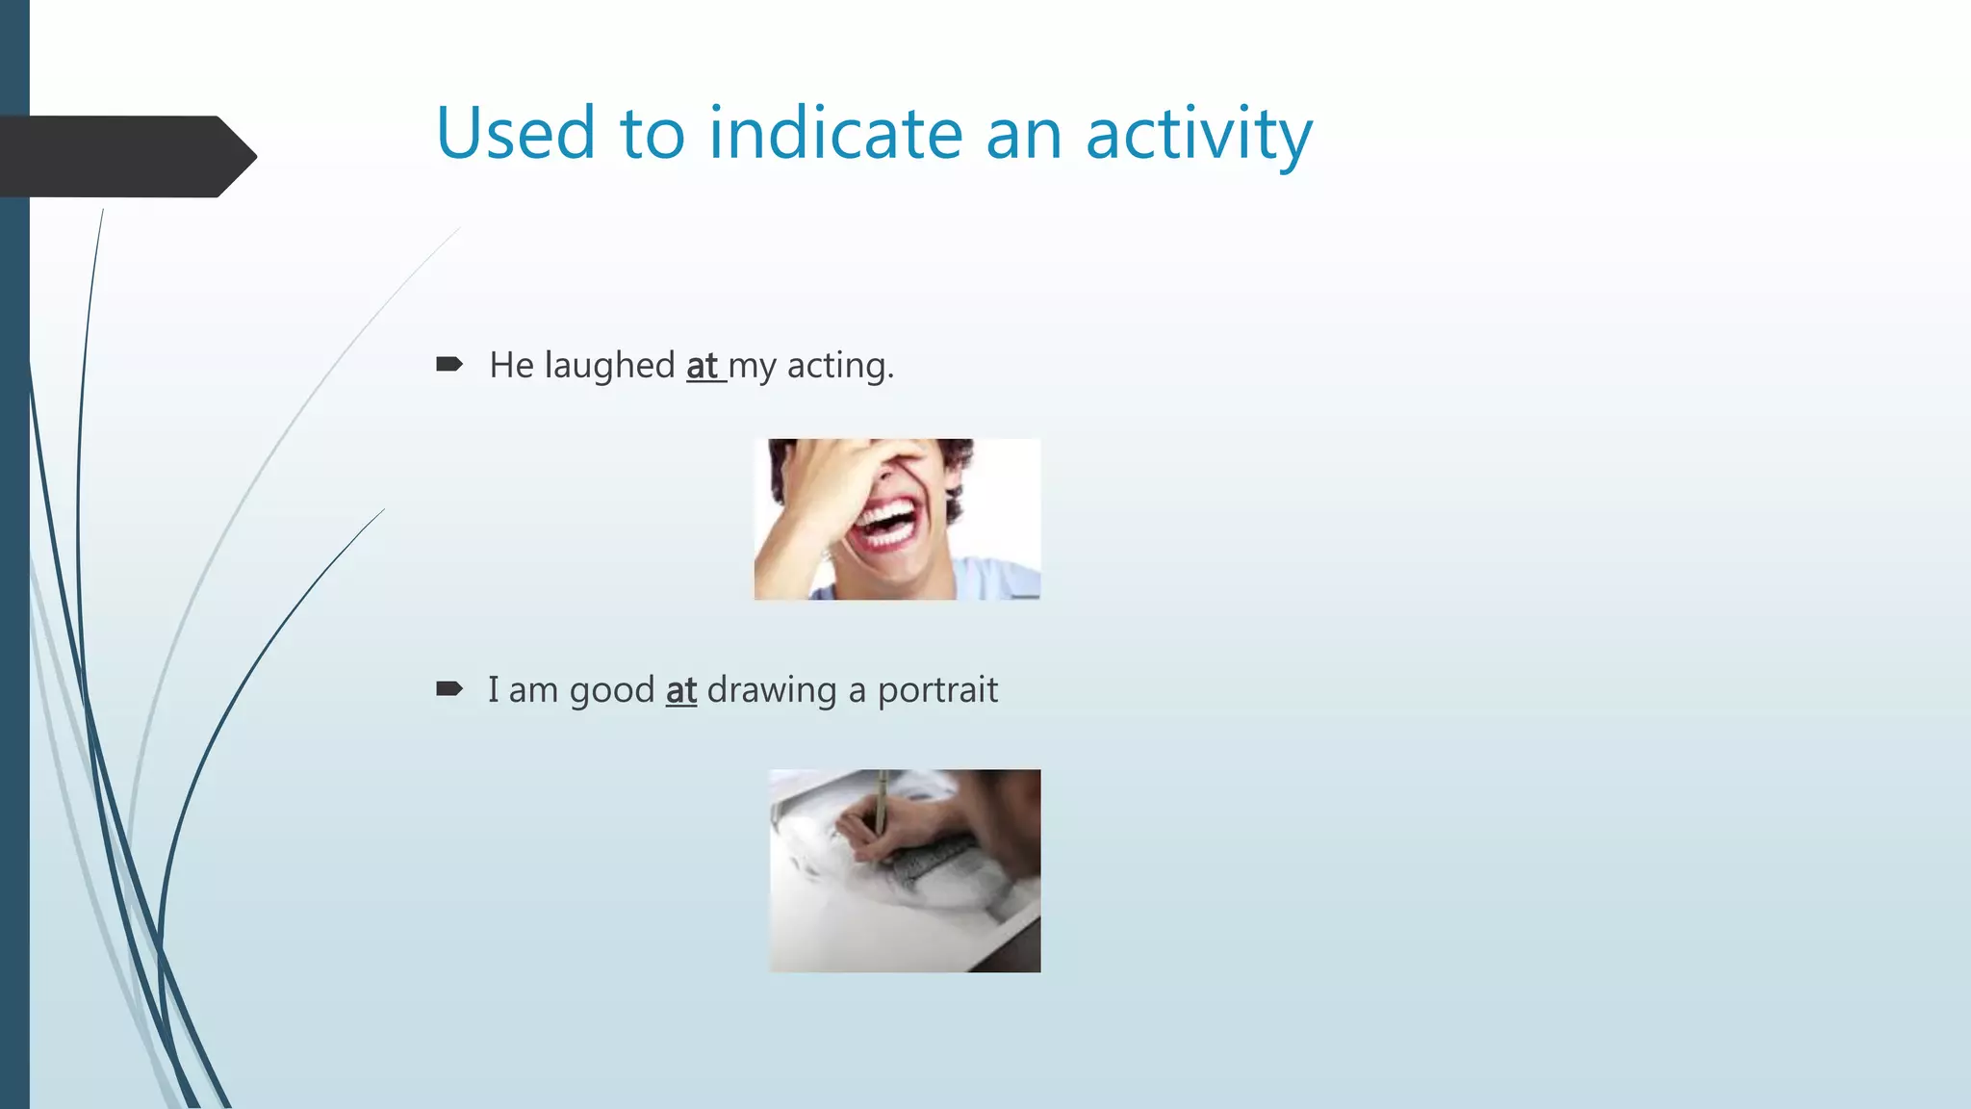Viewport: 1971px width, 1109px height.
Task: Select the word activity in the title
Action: [x=1198, y=135]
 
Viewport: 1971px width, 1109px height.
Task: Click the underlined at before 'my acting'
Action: [x=703, y=366]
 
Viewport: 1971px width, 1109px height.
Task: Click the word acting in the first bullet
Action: [x=839, y=366]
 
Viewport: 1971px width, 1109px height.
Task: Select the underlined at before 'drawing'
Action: [x=681, y=690]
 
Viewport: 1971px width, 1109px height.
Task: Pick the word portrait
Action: [x=937, y=690]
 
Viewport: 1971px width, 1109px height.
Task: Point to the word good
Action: [x=612, y=690]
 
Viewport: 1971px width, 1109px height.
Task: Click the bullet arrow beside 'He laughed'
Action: [x=449, y=364]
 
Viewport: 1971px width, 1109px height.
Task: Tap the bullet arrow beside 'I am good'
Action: [x=449, y=688]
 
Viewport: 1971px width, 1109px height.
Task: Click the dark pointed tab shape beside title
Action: [x=125, y=156]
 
